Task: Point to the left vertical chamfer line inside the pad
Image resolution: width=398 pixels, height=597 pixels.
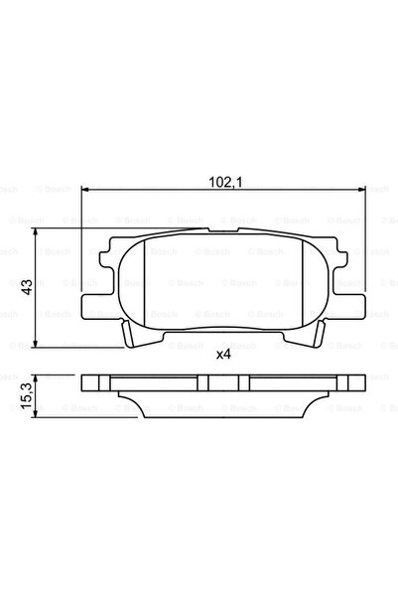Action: [146, 283]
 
